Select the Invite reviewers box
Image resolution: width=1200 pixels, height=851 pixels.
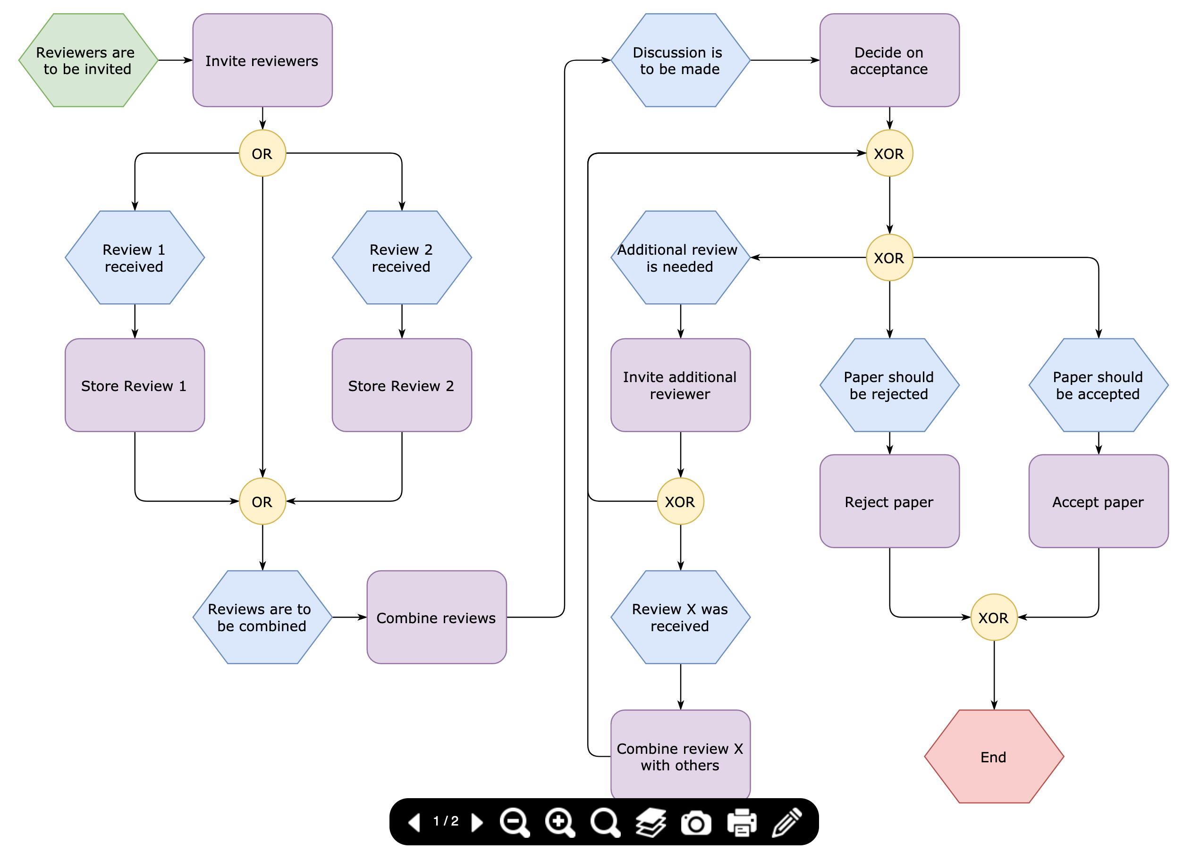(x=262, y=60)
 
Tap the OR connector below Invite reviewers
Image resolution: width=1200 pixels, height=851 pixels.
(x=262, y=153)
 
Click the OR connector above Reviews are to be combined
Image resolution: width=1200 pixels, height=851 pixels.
(x=262, y=501)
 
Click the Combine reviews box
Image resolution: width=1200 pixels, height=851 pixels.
(x=436, y=617)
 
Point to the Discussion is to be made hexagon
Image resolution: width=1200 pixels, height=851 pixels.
(x=680, y=60)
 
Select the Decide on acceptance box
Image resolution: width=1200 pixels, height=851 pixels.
(x=889, y=60)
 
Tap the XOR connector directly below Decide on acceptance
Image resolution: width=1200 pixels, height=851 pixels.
(x=889, y=153)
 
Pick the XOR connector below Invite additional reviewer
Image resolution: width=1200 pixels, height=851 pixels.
(x=680, y=501)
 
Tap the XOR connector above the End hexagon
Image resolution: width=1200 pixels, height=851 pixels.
(x=993, y=617)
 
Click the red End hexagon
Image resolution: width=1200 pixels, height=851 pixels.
(x=993, y=756)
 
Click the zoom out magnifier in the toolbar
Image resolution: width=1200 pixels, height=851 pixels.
(x=514, y=822)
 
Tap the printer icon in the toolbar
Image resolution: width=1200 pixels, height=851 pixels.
(x=741, y=822)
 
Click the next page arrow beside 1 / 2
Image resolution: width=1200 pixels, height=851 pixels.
(x=476, y=822)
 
